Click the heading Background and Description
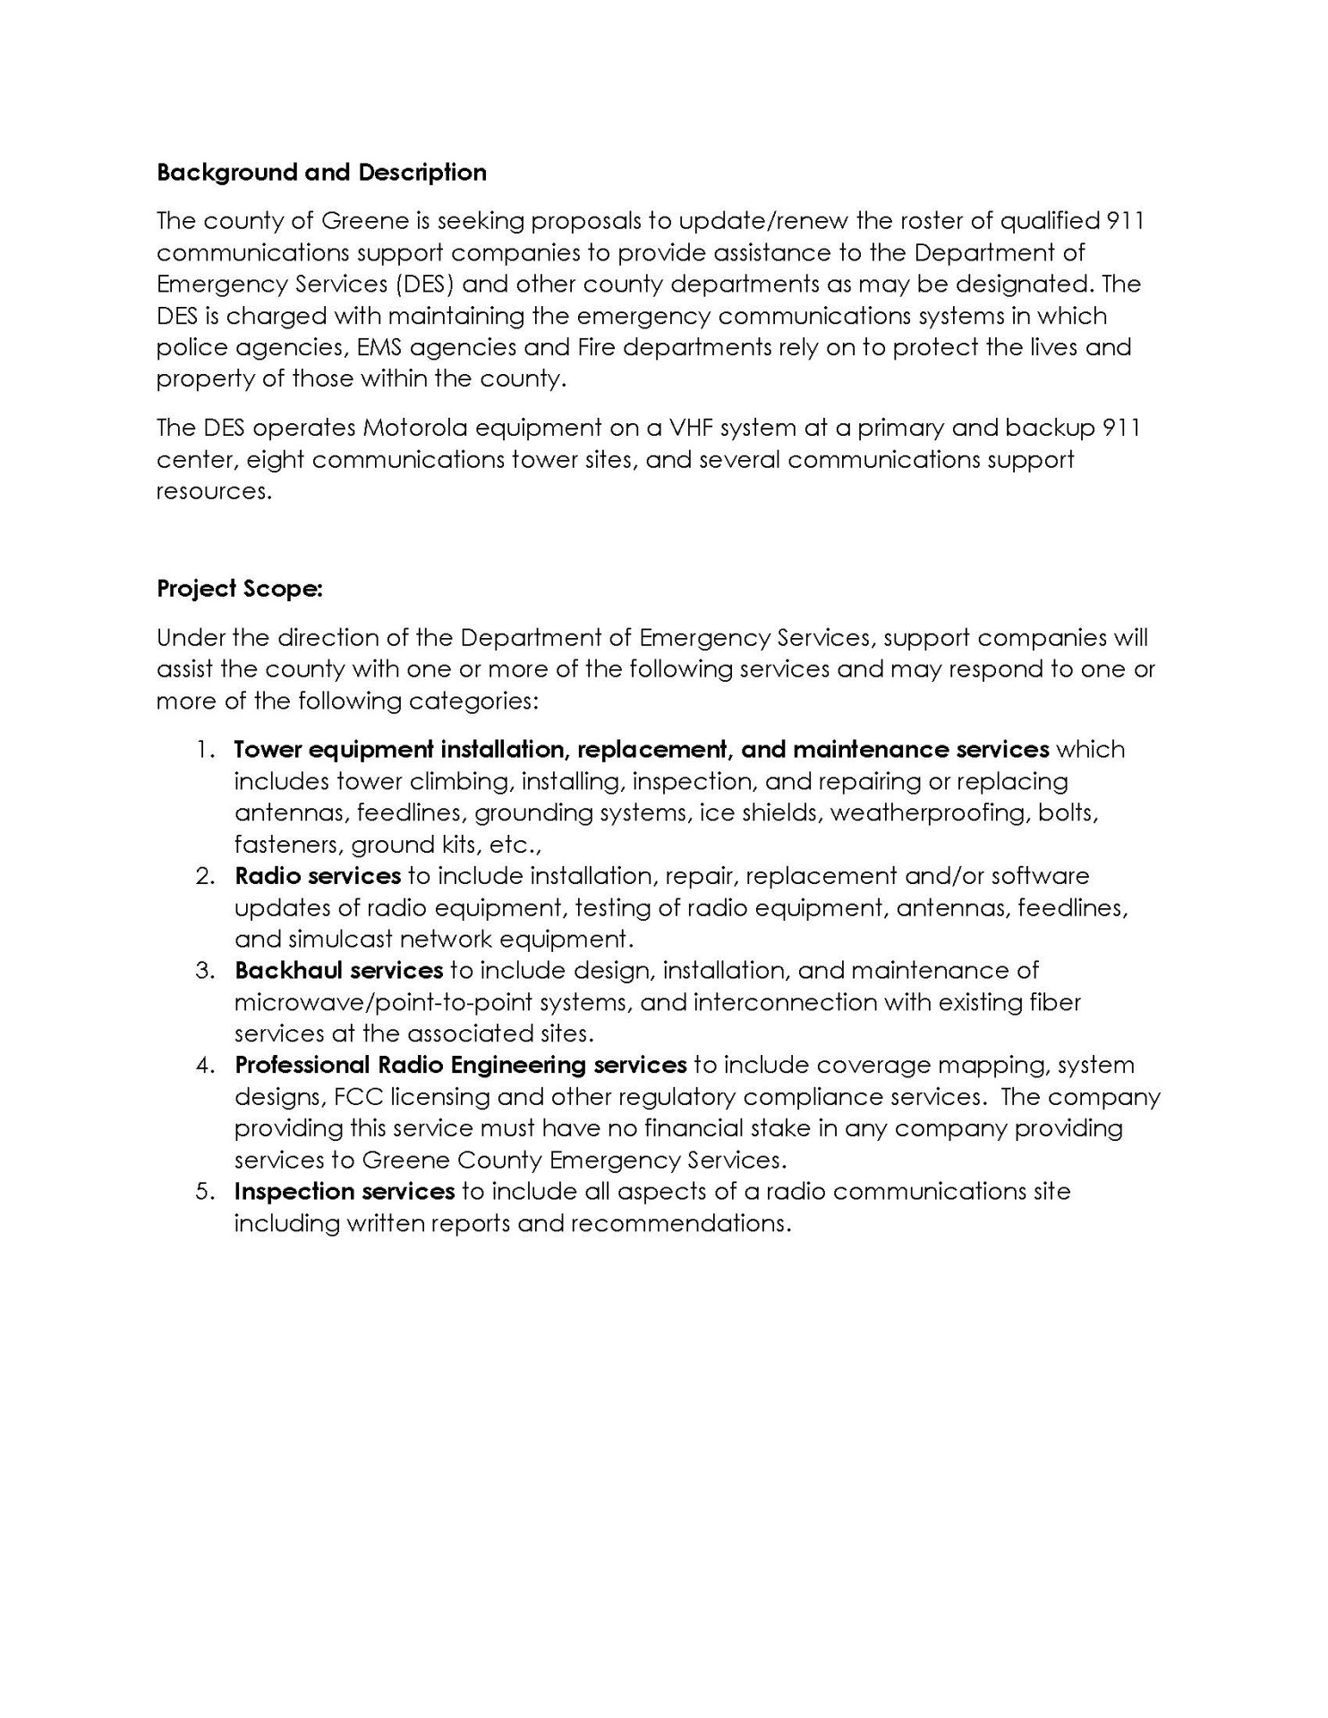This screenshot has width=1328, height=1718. point(321,173)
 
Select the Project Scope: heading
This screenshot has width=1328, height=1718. point(239,589)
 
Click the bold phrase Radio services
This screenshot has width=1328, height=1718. point(317,876)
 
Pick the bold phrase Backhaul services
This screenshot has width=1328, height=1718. point(338,971)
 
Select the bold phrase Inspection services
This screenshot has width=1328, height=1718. point(345,1192)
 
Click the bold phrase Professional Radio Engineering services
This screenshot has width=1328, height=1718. point(460,1066)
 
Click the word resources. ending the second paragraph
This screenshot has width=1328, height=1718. point(213,491)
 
